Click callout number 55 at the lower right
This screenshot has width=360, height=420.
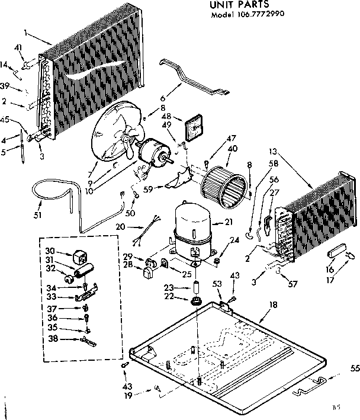click(x=355, y=368)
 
